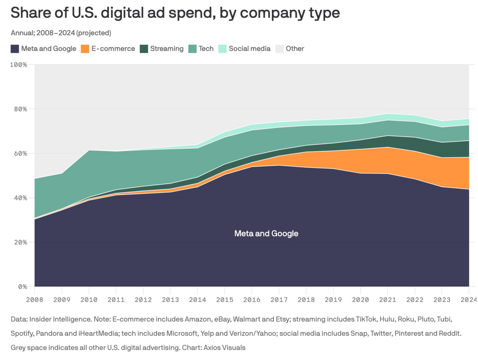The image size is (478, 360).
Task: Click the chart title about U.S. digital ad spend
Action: (x=175, y=13)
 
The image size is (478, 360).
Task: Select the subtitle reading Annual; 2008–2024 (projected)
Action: (x=61, y=33)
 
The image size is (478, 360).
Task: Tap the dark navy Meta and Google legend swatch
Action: (x=15, y=49)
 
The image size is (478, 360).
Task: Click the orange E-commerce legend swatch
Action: (x=85, y=49)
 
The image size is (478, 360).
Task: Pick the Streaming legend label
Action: (x=166, y=49)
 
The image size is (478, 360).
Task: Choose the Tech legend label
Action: (x=206, y=49)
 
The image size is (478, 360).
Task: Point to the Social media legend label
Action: (x=249, y=49)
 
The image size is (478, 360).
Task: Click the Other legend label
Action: (x=295, y=49)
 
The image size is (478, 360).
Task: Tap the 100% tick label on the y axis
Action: (x=18, y=65)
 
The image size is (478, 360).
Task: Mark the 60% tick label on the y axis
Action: (x=20, y=154)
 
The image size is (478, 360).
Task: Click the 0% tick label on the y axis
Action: (x=22, y=287)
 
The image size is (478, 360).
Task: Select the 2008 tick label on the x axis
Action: (x=34, y=300)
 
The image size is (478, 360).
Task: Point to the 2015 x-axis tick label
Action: (x=224, y=300)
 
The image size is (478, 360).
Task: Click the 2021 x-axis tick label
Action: (x=388, y=300)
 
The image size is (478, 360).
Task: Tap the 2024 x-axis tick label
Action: (x=468, y=300)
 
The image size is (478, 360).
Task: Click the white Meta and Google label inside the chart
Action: (x=266, y=233)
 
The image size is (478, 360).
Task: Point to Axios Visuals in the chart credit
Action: (x=224, y=348)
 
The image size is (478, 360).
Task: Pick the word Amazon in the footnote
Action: (x=197, y=319)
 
